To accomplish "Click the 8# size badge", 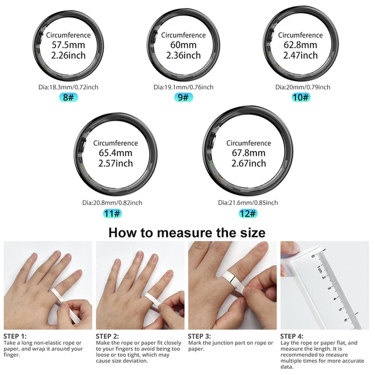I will tap(68, 97).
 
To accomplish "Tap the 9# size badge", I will tap(183, 97).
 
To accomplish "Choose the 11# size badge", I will tap(112, 213).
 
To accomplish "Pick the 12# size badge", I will tap(248, 213).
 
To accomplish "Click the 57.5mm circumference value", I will tap(68, 46).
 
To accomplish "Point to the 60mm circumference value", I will tap(183, 46).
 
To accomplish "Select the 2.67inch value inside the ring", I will tap(249, 163).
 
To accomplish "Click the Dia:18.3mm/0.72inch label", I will tap(68, 87).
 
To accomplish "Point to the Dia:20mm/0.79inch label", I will tap(303, 87).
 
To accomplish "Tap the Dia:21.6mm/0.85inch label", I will tap(248, 202).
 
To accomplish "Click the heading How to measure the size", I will tap(187, 232).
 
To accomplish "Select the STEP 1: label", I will tap(15, 336).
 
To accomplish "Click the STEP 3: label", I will tap(199, 336).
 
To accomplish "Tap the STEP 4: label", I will tap(292, 336).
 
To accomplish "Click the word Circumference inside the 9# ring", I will tap(183, 35).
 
